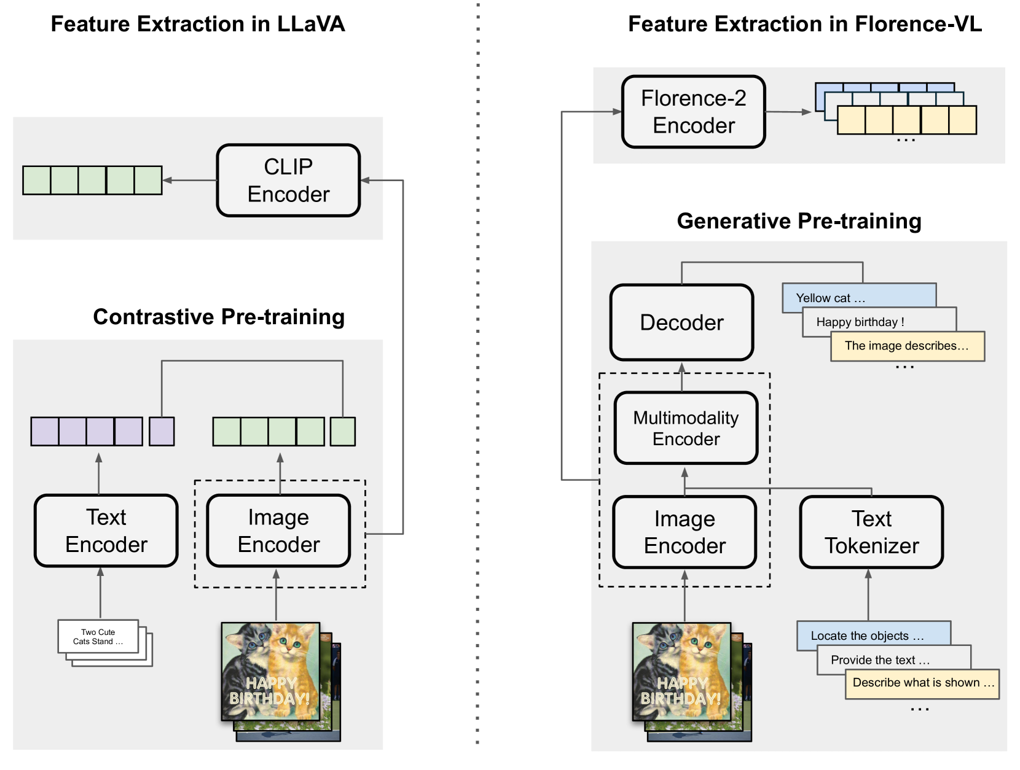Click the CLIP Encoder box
pyautogui.click(x=288, y=181)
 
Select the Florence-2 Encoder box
pyautogui.click(x=693, y=112)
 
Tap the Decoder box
pyautogui.click(x=681, y=322)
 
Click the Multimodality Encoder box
pyautogui.click(x=686, y=428)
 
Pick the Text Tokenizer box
pyautogui.click(x=871, y=532)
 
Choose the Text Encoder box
pyautogui.click(x=106, y=531)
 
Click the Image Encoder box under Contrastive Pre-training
pyautogui.click(x=278, y=531)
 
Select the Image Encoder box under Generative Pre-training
pyautogui.click(x=685, y=532)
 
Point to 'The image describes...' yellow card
pyautogui.click(x=906, y=346)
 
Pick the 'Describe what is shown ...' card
pyautogui.click(x=922, y=683)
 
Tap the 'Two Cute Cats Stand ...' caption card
pyautogui.click(x=98, y=637)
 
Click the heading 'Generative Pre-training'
pyautogui.click(x=799, y=221)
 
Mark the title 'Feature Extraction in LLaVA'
pyautogui.click(x=197, y=24)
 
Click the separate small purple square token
pyautogui.click(x=162, y=431)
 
